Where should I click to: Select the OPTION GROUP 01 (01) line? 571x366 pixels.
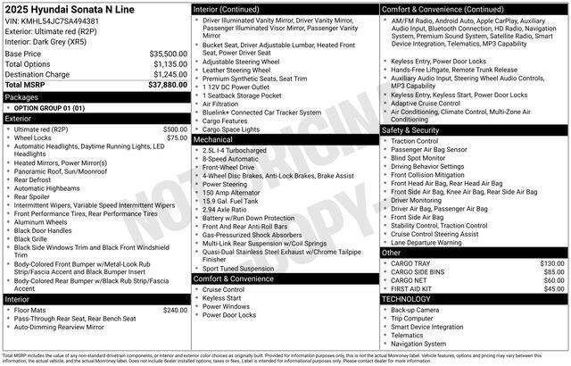(x=49, y=107)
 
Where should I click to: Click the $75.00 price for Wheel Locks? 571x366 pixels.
(x=177, y=137)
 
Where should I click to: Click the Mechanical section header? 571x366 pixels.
(x=213, y=139)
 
